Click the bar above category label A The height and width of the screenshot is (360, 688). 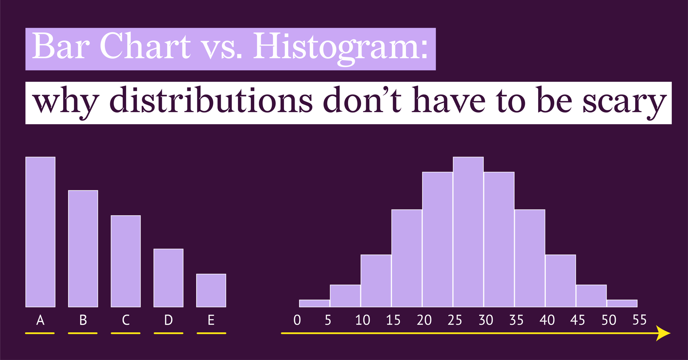coord(40,232)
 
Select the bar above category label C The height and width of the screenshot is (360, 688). coord(126,261)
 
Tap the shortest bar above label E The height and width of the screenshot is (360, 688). coord(211,290)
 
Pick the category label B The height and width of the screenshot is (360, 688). coord(83,320)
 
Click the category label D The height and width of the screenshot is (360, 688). coord(168,320)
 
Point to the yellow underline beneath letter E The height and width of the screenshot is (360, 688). coord(211,333)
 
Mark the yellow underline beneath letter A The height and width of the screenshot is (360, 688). coord(40,333)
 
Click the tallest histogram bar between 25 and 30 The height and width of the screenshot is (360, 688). coord(468,232)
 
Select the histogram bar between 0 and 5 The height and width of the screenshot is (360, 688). coord(314,303)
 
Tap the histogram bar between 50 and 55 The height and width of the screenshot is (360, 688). coord(622,303)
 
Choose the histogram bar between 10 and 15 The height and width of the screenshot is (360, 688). coord(376,281)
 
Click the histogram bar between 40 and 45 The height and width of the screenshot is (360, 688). coord(560,281)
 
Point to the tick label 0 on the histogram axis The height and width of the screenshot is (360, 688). coord(297,320)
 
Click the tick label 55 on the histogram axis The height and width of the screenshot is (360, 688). coord(639,320)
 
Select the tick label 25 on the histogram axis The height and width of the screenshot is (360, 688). coord(455,320)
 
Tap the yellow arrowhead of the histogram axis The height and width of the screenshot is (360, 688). coord(663,333)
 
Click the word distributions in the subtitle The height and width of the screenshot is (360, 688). coord(211,101)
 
